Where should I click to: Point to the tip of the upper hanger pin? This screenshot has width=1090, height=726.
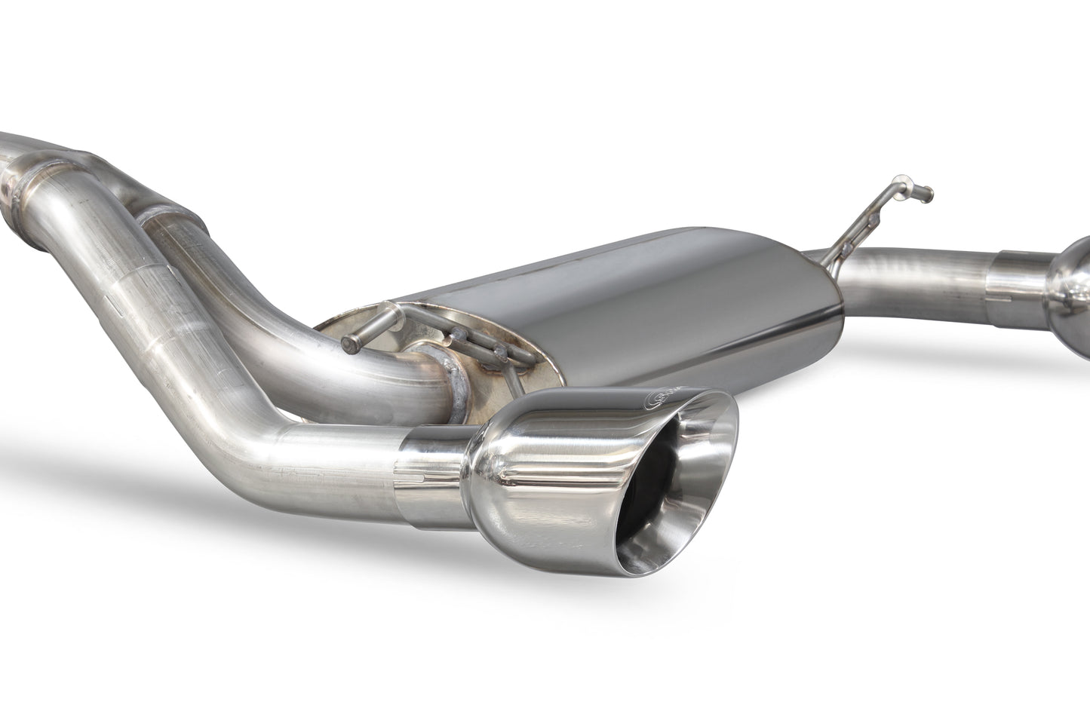(928, 191)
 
